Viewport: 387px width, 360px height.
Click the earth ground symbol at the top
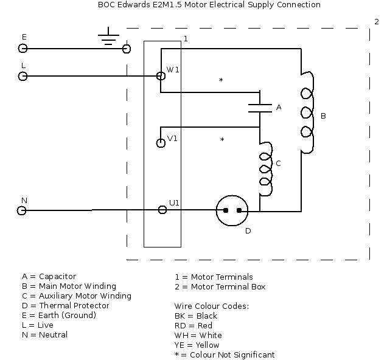pyautogui.click(x=109, y=37)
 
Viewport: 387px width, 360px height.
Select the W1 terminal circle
pyautogui.click(x=161, y=76)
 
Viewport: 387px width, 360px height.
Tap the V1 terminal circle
pyautogui.click(x=161, y=143)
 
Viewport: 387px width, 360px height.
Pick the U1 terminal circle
pyautogui.click(x=162, y=210)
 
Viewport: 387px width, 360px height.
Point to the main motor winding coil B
pyautogui.click(x=307, y=114)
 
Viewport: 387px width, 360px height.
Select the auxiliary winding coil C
pyautogui.click(x=265, y=169)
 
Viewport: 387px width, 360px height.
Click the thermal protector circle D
pyautogui.click(x=232, y=210)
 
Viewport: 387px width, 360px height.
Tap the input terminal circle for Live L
pyautogui.click(x=23, y=76)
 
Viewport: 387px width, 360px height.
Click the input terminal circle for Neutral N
pyautogui.click(x=22, y=210)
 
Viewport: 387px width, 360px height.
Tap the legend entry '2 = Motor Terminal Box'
pyautogui.click(x=220, y=286)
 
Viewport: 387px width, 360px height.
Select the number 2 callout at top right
pyautogui.click(x=377, y=21)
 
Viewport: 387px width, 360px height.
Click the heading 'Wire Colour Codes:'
pyautogui.click(x=212, y=306)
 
